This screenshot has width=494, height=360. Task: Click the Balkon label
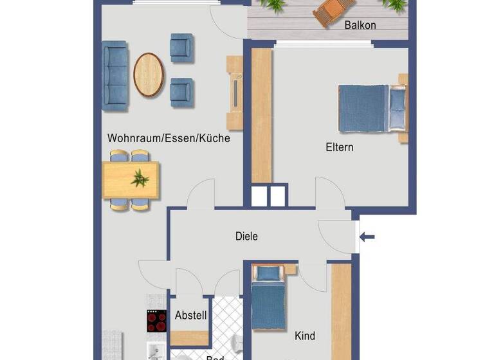point(360,26)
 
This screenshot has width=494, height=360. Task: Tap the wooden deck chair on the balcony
point(334,11)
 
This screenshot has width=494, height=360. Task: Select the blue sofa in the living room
point(115,76)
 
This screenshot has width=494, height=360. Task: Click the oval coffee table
point(149,75)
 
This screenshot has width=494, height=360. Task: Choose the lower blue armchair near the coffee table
point(181,92)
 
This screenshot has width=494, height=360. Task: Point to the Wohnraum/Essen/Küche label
point(169,138)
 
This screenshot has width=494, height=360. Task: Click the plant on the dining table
point(140,178)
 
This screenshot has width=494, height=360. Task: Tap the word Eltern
point(339,147)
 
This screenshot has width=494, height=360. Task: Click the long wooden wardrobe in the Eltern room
point(261,116)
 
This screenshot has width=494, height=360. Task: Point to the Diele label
point(246,237)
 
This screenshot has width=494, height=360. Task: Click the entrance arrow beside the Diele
point(367,237)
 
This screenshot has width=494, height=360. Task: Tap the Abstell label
point(190,316)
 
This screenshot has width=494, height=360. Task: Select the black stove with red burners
point(156,321)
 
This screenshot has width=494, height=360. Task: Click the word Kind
point(304,336)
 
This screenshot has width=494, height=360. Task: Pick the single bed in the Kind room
point(268,302)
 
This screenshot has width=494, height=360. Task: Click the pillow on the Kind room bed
point(268,274)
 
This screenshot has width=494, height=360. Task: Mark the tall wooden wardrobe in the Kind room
point(341,312)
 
